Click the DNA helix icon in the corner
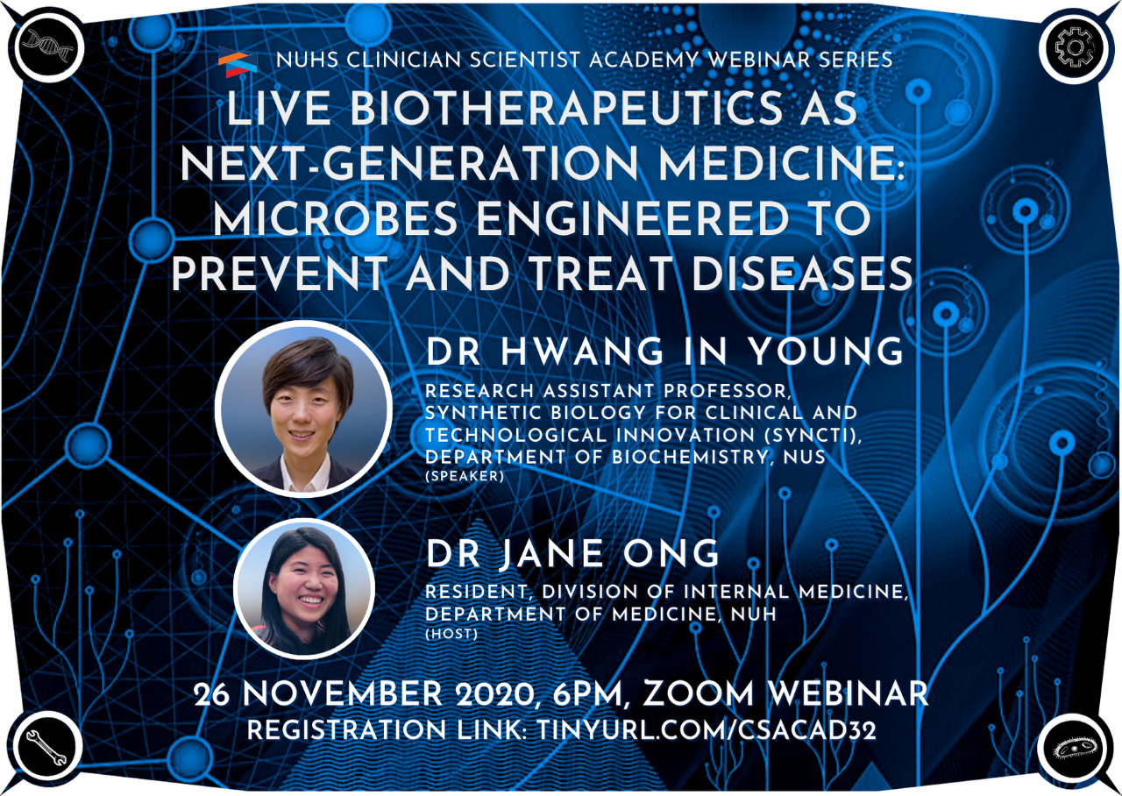[x=48, y=47]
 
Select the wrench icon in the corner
[x=46, y=746]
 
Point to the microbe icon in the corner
[x=1075, y=750]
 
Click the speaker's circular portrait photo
[x=303, y=409]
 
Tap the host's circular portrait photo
[x=304, y=589]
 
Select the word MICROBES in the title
[x=336, y=219]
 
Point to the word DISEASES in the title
[x=802, y=274]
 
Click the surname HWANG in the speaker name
[x=583, y=352]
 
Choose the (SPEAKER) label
[x=465, y=476]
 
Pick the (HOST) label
[x=451, y=634]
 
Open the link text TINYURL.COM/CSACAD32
[x=707, y=730]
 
